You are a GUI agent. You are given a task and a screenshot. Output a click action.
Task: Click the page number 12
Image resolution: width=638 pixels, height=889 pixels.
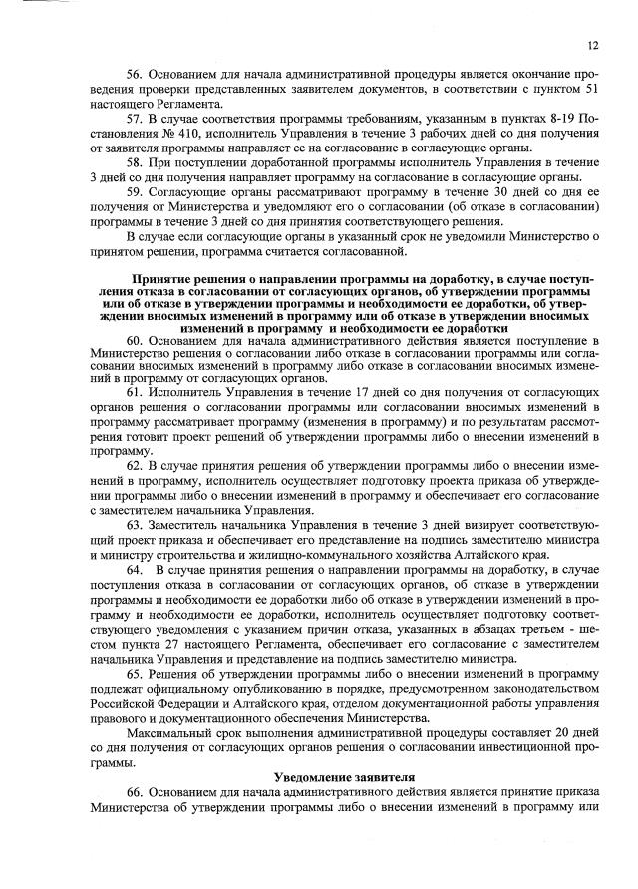tap(592, 46)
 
